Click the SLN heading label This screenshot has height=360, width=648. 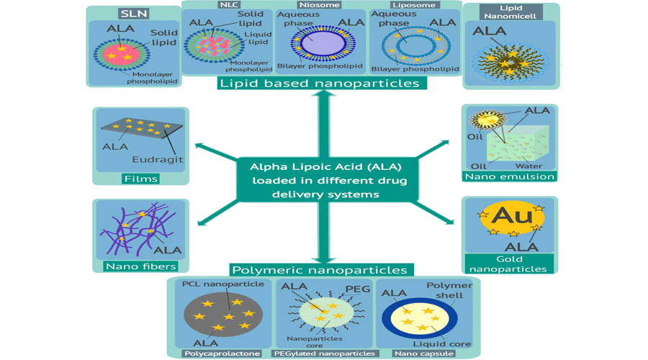point(134,14)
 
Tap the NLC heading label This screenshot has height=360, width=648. point(230,4)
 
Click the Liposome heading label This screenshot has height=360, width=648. point(414,4)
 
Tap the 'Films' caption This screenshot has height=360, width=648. point(140,179)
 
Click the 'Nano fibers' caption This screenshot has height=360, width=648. point(140,266)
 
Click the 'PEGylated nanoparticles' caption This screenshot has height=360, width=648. point(324,354)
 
